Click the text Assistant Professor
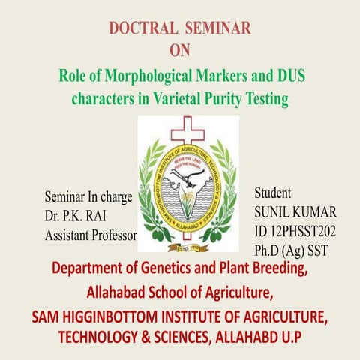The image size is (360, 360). pos(91,235)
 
